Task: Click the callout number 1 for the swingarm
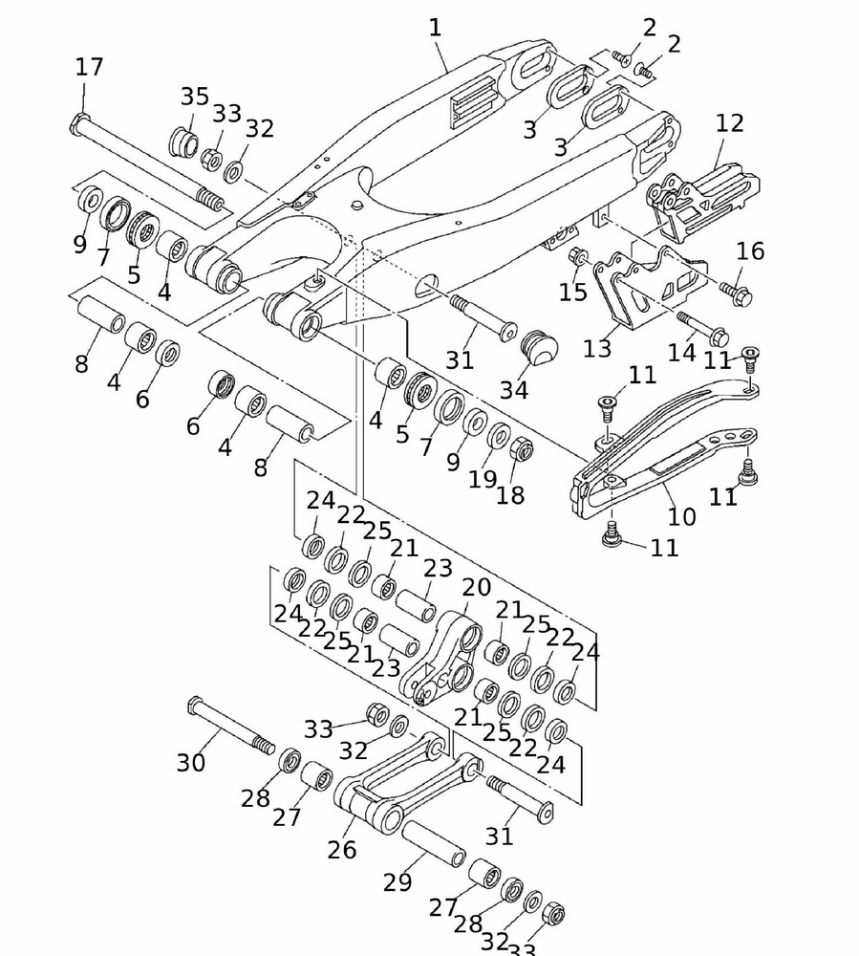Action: pyautogui.click(x=435, y=29)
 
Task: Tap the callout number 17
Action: pyautogui.click(x=89, y=68)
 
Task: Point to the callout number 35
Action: pyautogui.click(x=194, y=97)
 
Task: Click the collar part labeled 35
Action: pyautogui.click(x=183, y=141)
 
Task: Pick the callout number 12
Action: pyautogui.click(x=729, y=123)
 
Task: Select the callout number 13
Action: pyautogui.click(x=597, y=347)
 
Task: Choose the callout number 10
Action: pyautogui.click(x=681, y=516)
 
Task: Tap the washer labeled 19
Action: pyautogui.click(x=499, y=436)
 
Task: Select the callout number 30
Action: pyautogui.click(x=191, y=763)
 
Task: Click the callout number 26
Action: pyautogui.click(x=342, y=848)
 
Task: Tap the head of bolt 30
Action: pyautogui.click(x=196, y=706)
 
